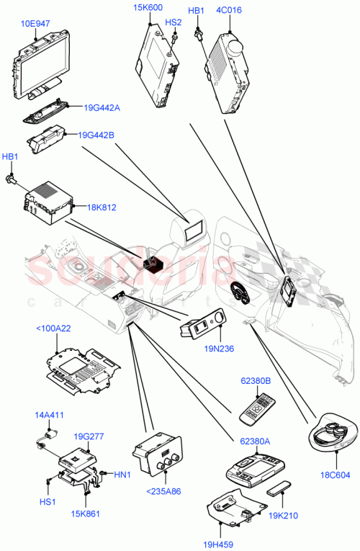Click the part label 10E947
point(35,23)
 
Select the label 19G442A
point(102,107)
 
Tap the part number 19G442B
point(96,134)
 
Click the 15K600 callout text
point(149,8)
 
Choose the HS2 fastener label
point(174,22)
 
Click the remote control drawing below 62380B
point(256,407)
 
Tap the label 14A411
point(50,416)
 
